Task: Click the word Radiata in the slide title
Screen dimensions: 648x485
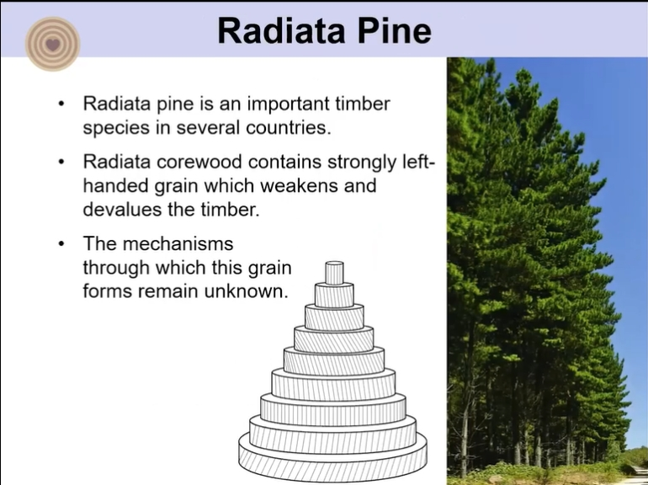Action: coord(281,31)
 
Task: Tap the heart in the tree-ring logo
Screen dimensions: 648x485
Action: coord(52,44)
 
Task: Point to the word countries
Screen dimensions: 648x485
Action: coord(289,127)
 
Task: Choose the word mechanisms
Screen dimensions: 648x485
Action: coord(178,243)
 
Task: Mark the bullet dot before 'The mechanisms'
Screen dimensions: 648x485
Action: coord(61,244)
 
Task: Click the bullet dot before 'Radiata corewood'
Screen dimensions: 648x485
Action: coord(61,162)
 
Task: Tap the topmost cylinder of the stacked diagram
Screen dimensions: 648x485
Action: coord(334,273)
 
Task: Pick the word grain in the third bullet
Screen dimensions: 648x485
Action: coord(269,269)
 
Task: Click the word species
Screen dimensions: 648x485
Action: coord(116,129)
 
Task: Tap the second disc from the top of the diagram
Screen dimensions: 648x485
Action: coord(334,296)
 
